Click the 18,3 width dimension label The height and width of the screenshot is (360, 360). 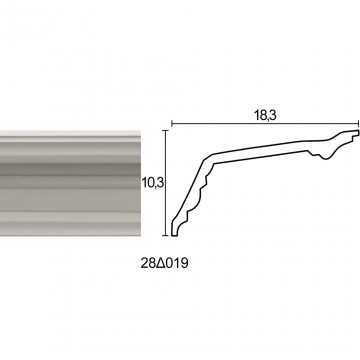pyautogui.click(x=265, y=115)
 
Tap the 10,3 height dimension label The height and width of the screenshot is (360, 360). pyautogui.click(x=154, y=183)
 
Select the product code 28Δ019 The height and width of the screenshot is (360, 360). pyautogui.click(x=164, y=264)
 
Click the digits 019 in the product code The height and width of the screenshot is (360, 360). pyautogui.click(x=177, y=264)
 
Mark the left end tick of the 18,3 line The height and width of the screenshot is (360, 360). pyautogui.click(x=172, y=124)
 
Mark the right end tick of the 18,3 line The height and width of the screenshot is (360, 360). pyautogui.click(x=358, y=124)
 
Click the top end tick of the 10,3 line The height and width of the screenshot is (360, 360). pyautogui.click(x=166, y=131)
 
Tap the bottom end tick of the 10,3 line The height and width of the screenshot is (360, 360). pyautogui.click(x=166, y=235)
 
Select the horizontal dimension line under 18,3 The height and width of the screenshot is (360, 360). pyautogui.click(x=265, y=124)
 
